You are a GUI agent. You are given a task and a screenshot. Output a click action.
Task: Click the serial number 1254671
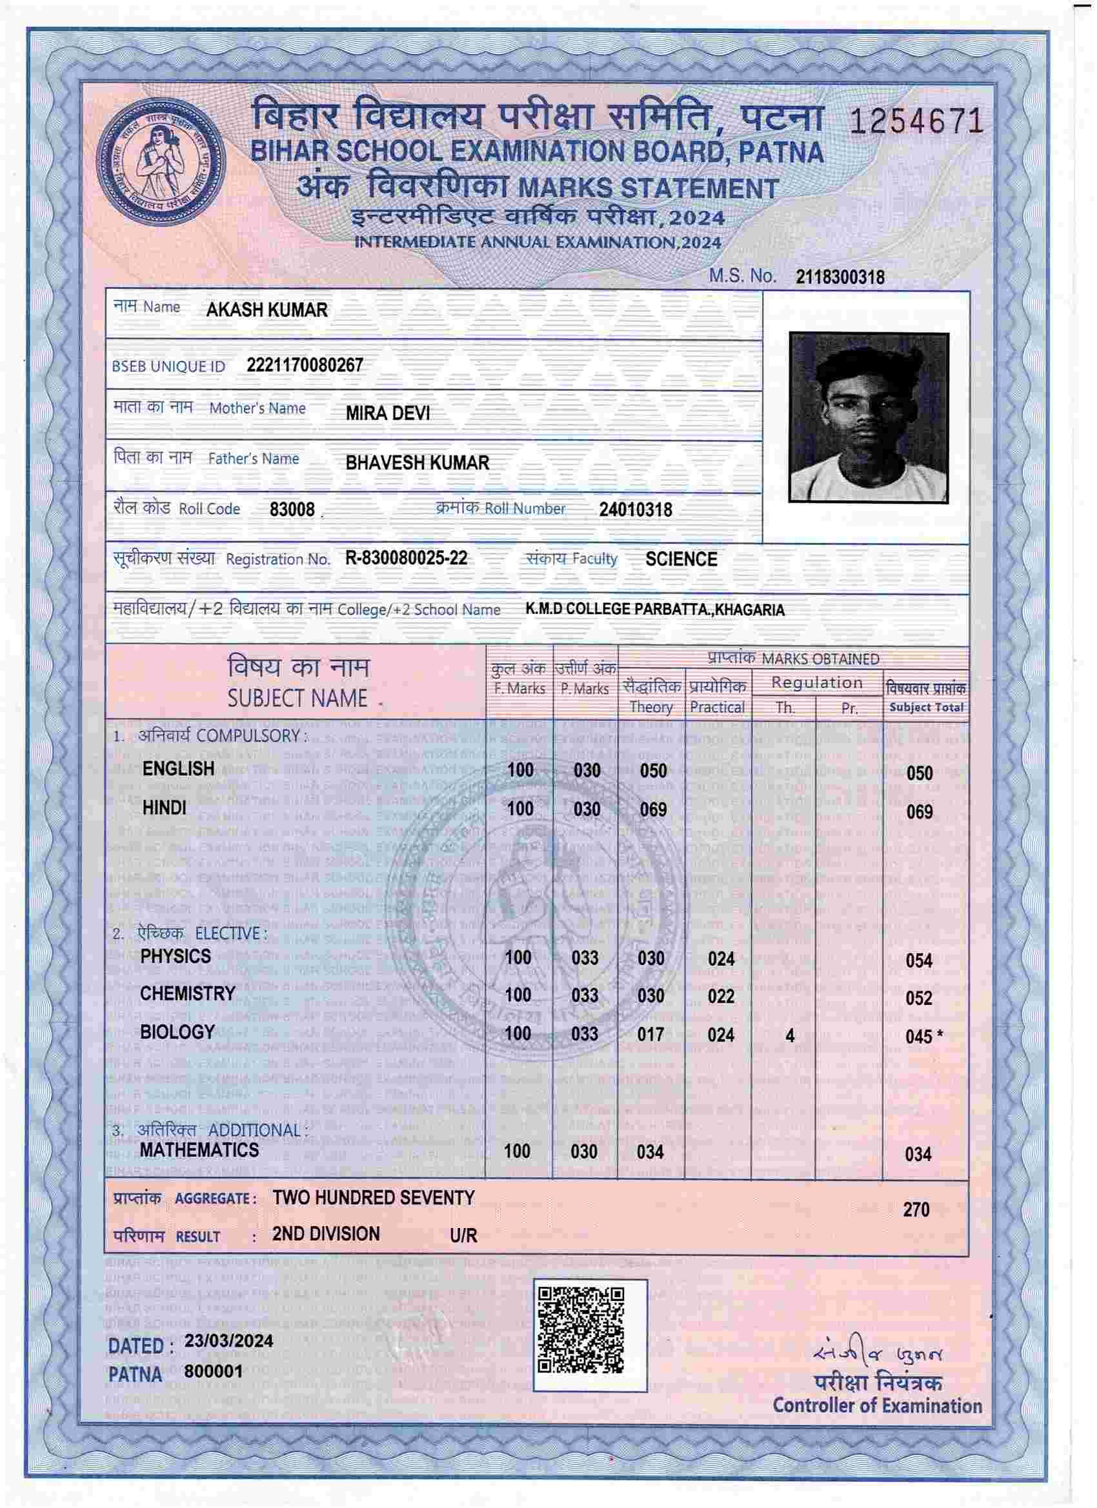point(917,123)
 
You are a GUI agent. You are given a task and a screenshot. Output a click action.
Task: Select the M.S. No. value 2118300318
point(840,277)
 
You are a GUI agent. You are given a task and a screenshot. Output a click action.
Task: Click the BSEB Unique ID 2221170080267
point(305,365)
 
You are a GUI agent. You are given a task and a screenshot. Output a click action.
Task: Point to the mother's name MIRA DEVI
point(387,413)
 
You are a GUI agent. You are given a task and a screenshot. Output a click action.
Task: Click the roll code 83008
point(292,510)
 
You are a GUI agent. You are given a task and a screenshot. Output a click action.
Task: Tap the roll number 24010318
point(636,510)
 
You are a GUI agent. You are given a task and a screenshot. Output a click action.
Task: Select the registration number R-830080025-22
point(406,559)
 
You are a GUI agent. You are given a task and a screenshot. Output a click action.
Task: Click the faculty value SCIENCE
point(681,559)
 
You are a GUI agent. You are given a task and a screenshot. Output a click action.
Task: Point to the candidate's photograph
point(868,417)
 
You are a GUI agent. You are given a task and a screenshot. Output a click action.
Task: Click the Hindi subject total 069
point(920,812)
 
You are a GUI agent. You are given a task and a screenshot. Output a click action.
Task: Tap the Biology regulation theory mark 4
point(790,1036)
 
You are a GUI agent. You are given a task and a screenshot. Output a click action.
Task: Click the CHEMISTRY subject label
point(188,994)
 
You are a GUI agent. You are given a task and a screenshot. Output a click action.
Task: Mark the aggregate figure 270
point(916,1209)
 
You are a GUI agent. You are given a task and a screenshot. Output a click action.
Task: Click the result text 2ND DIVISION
point(326,1234)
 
